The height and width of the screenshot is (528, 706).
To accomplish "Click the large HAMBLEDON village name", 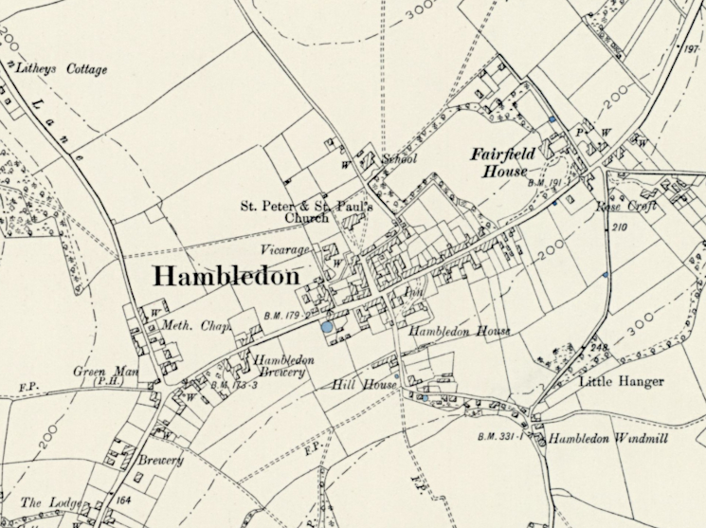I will pyautogui.click(x=226, y=277).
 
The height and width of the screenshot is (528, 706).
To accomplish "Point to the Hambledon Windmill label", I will pyautogui.click(x=599, y=440).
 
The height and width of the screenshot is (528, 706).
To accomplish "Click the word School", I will pyautogui.click(x=399, y=159).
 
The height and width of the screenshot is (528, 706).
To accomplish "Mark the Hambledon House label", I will pyautogui.click(x=460, y=333).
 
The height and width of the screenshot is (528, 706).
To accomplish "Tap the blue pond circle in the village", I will pyautogui.click(x=327, y=327).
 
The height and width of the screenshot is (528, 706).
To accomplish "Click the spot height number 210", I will pyautogui.click(x=620, y=228).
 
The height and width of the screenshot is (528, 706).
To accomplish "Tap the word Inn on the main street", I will pyautogui.click(x=411, y=295).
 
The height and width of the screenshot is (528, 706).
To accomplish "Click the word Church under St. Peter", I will pyautogui.click(x=307, y=217).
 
